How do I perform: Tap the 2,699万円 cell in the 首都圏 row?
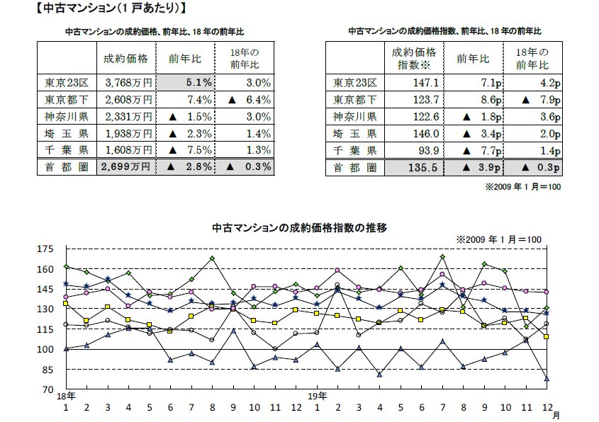point(127,167)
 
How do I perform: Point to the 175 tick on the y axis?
point(45,249)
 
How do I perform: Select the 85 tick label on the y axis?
point(47,370)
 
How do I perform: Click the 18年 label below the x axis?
point(67,395)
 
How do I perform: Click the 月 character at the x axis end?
point(556,416)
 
